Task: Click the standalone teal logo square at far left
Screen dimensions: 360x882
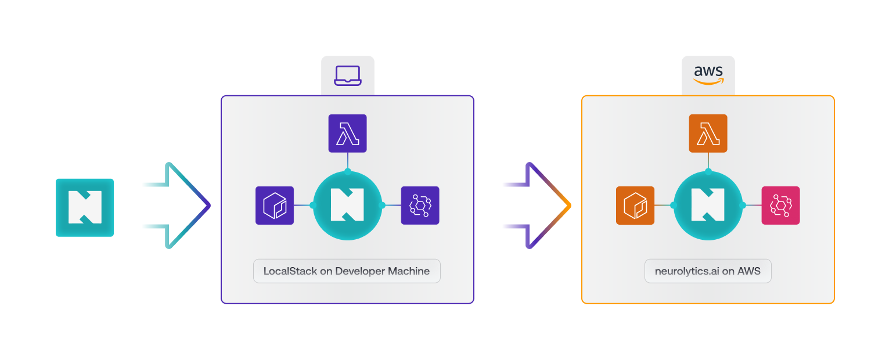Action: click(85, 207)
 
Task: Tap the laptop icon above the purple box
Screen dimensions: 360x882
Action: click(347, 75)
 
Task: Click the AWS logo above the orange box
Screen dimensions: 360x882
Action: click(708, 75)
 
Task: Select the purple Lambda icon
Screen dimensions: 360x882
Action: click(347, 134)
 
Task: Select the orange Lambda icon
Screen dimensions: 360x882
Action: click(708, 134)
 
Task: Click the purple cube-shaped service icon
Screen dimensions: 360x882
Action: click(275, 206)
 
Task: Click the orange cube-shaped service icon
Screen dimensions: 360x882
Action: click(635, 206)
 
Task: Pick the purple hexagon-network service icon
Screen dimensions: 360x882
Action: click(420, 206)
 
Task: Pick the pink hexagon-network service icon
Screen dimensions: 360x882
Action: click(780, 206)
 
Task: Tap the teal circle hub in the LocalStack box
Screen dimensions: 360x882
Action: click(347, 206)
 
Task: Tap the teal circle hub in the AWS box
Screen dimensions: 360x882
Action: click(708, 206)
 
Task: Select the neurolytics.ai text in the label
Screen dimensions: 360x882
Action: click(687, 271)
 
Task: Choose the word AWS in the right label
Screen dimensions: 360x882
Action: click(749, 271)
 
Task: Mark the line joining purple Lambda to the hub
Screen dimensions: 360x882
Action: click(347, 161)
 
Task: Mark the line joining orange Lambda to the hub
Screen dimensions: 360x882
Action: click(708, 161)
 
